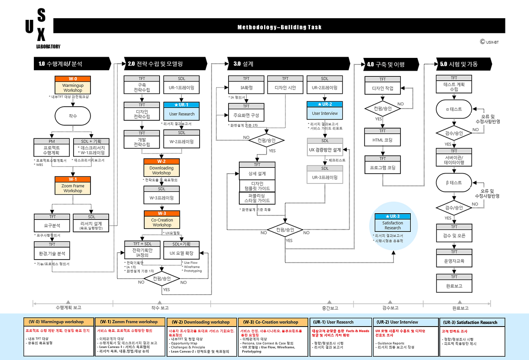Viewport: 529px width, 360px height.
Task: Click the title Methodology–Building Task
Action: pos(279,27)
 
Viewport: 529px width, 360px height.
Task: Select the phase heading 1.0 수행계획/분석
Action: pos(60,64)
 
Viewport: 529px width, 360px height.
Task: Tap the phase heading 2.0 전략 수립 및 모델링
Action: pos(155,64)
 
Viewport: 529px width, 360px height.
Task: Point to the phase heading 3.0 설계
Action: pos(243,64)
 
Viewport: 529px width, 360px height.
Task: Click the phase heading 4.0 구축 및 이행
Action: pos(386,64)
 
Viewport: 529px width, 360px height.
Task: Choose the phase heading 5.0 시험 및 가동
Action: pos(459,64)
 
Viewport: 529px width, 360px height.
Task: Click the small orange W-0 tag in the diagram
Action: pos(73,79)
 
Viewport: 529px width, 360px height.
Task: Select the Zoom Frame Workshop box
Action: pos(73,188)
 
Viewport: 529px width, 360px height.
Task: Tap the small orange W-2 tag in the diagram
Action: pos(162,161)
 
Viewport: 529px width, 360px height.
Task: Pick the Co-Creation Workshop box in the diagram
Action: pos(162,222)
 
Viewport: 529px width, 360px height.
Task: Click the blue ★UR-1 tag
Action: pos(181,105)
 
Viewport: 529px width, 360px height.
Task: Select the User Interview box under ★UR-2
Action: pos(325,113)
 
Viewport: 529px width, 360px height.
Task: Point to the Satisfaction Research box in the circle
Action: pos(393,225)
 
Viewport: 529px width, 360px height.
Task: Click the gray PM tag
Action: pos(52,141)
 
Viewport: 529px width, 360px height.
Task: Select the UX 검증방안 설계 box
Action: pos(325,150)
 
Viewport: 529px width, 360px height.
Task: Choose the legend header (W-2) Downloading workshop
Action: pos(202,322)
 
